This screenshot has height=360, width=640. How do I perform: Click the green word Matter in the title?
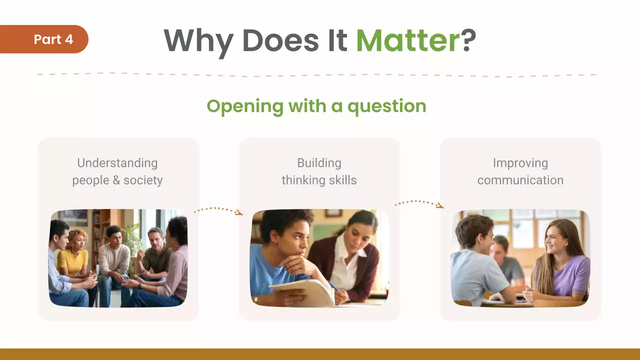[x=407, y=40]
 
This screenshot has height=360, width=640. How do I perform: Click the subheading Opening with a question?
[x=316, y=106]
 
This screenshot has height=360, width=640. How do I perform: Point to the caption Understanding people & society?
[x=117, y=171]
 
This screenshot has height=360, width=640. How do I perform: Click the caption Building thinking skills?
[x=319, y=171]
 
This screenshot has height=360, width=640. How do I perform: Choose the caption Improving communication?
[x=520, y=171]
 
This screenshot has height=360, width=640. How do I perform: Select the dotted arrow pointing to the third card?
[x=419, y=203]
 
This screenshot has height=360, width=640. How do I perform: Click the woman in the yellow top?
[x=74, y=255]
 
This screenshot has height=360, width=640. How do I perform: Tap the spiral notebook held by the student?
[x=302, y=292]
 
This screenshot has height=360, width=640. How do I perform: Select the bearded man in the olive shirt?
[x=156, y=252]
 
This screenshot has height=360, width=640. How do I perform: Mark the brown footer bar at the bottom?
[x=320, y=354]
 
